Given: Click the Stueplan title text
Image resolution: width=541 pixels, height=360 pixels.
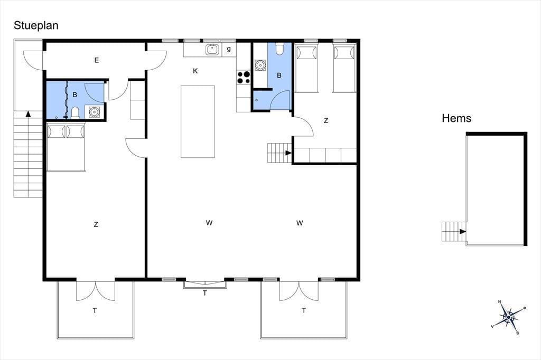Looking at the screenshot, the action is pos(36,26).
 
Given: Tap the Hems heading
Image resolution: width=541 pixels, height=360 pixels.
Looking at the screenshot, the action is pos(456,118).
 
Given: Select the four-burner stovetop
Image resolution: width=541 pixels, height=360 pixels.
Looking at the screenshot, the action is pos(244,77).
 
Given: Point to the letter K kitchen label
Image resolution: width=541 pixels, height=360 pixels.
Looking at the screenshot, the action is pos(195,71).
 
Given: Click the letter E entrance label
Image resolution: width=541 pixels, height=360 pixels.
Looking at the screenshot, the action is pos(97,60).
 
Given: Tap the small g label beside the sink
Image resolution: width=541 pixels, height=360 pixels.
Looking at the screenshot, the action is pos(229,49).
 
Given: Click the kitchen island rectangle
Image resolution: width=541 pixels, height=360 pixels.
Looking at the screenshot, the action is pos(198,121).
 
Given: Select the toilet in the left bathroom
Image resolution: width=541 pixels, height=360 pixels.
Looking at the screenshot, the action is pos(75,112).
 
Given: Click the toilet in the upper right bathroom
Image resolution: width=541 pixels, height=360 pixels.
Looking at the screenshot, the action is pos(279,49).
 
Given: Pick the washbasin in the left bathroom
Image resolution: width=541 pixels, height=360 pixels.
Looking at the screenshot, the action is pos(94,112).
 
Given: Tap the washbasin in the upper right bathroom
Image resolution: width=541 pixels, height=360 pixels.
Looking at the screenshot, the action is pos(260,65).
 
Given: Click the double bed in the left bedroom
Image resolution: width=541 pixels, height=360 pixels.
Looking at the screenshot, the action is pos(66,147).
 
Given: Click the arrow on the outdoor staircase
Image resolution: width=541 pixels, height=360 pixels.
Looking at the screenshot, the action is pos(29,114).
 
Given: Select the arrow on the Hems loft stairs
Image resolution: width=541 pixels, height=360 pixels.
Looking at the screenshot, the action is pos(463,231).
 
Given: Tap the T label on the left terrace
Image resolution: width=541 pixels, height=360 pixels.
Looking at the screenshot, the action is pos(95,311).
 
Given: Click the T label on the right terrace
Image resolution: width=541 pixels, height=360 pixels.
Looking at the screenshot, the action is pos(304,310).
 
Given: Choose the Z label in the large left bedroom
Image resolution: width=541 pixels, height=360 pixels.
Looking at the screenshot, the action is pos(96,224).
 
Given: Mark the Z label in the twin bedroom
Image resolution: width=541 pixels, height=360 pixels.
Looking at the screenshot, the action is pos(326,121).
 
